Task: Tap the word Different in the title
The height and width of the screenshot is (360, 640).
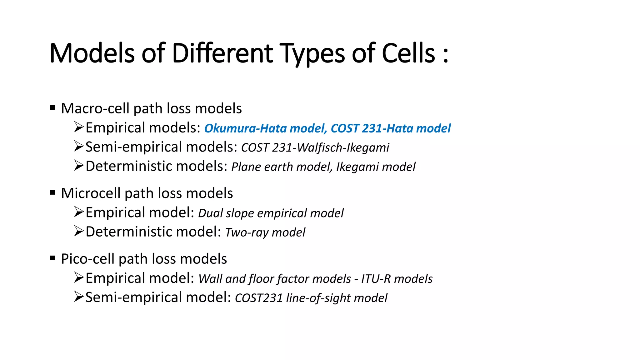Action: (x=222, y=53)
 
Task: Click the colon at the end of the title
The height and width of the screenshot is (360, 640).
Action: (x=446, y=55)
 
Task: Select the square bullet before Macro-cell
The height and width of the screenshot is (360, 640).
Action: (x=52, y=108)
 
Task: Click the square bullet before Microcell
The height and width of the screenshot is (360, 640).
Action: (x=52, y=192)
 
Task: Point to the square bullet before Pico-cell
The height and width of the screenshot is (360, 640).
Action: (x=52, y=258)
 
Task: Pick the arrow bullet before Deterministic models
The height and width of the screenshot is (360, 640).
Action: (x=79, y=166)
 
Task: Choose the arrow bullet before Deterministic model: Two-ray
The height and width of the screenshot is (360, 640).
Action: (x=79, y=232)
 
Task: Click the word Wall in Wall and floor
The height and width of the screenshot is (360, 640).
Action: (x=210, y=279)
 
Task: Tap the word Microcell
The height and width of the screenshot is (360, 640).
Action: (x=91, y=193)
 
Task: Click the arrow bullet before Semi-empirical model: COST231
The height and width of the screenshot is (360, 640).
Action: (x=79, y=297)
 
